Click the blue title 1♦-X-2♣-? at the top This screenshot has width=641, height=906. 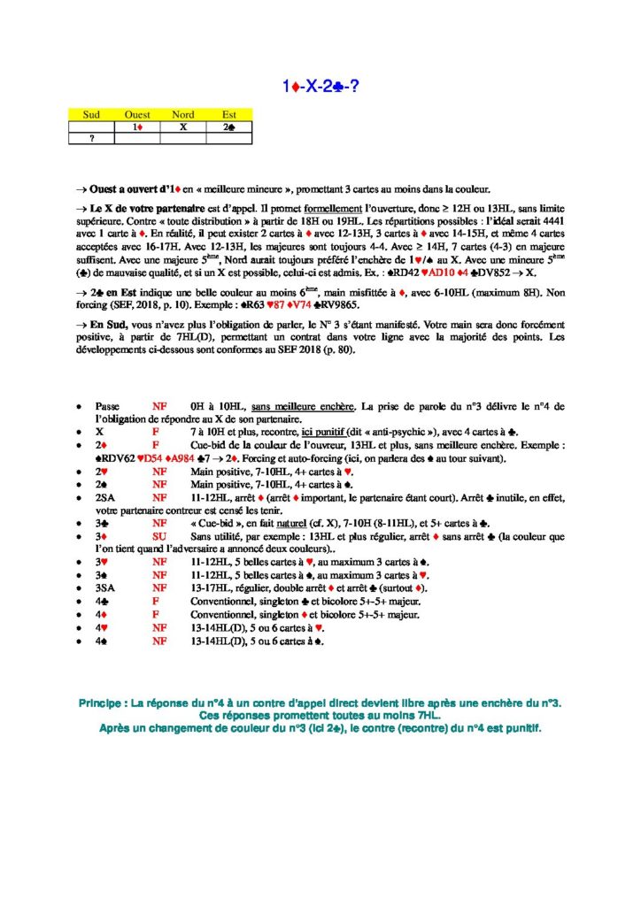click(320, 86)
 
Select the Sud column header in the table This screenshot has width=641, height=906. click(91, 114)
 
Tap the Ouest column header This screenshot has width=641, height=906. click(137, 114)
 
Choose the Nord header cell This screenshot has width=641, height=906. click(183, 114)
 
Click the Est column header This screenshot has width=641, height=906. click(229, 114)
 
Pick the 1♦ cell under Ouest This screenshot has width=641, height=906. click(137, 127)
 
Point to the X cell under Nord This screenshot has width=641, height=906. click(183, 127)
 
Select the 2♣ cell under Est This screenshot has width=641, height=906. click(229, 127)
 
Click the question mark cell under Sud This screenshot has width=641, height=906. click(91, 138)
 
